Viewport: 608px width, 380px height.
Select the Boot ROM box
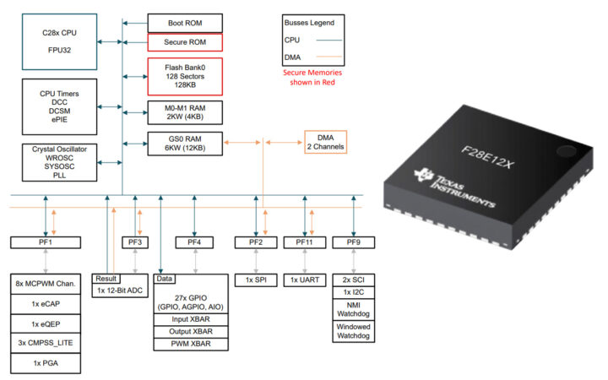[x=185, y=23]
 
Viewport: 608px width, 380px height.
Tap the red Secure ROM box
[x=185, y=42]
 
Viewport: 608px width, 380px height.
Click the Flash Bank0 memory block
[x=185, y=76]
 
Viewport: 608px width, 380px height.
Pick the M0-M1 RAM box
[x=185, y=113]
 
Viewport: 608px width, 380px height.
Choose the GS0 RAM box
[x=185, y=143]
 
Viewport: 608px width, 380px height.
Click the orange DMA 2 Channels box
[x=319, y=143]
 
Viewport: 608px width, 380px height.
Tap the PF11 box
[x=305, y=242]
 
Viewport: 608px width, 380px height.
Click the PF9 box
[x=353, y=242]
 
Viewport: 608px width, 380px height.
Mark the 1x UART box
[x=305, y=280]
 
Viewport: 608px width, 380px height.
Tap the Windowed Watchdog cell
[x=353, y=331]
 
